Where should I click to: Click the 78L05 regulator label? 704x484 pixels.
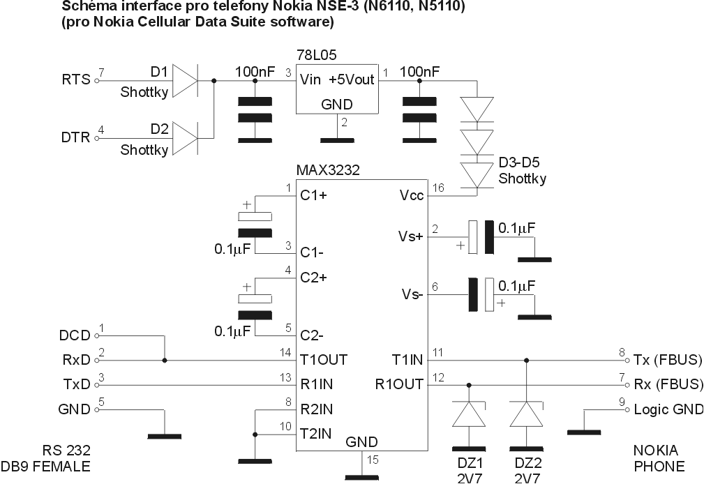pos(318,54)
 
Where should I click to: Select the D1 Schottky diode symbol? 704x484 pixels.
pos(184,80)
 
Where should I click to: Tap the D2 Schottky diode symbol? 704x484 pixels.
pos(184,137)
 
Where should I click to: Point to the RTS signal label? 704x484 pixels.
pos(76,80)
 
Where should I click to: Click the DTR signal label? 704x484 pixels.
pos(76,137)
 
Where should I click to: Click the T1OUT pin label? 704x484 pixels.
pos(324,360)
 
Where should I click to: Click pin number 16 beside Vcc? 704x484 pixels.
pos(437,188)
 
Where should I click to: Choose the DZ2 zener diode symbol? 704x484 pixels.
pos(525,415)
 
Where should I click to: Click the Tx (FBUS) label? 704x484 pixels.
pos(667,360)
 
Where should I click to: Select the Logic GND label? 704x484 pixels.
pos(667,409)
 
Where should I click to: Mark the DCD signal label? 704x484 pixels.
pos(75,335)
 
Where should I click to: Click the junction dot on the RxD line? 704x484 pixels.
pos(165,361)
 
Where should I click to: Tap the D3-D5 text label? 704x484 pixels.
pos(520,164)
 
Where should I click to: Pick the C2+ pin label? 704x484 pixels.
pos(314,278)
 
